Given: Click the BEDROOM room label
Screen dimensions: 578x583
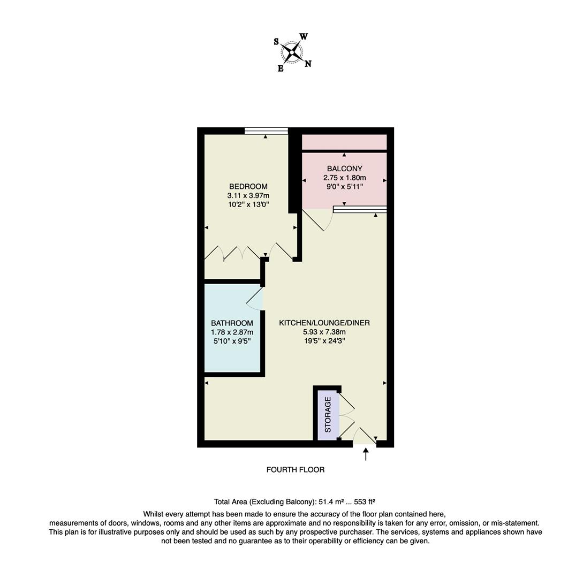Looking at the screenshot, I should (x=248, y=187).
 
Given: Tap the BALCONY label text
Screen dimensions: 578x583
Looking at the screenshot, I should (x=344, y=169).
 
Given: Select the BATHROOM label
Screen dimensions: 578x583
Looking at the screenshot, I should (x=232, y=323).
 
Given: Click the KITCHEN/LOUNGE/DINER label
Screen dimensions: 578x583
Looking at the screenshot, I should (x=324, y=323).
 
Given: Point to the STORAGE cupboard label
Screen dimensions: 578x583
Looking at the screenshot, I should (x=328, y=415).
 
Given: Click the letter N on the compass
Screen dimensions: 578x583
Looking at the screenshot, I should (x=308, y=64).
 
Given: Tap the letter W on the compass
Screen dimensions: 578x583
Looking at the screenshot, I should (x=304, y=37).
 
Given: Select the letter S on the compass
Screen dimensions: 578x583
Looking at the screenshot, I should (x=276, y=42).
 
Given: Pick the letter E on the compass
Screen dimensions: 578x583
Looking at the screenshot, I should (x=280, y=69).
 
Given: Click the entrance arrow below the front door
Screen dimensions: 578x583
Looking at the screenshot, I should (x=366, y=454).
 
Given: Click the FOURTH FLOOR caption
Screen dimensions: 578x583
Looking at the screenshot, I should (x=296, y=470).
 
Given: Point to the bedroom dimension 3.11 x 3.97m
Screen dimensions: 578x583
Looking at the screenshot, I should (x=248, y=195).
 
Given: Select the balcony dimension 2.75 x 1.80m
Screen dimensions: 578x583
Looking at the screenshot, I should (x=344, y=178).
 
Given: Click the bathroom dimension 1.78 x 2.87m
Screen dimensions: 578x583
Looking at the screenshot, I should (x=232, y=332).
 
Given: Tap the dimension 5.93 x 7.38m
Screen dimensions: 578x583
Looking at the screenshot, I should (x=324, y=331).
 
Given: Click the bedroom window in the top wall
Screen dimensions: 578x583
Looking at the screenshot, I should (x=266, y=131).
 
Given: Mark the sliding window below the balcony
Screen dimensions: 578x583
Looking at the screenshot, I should (x=360, y=209).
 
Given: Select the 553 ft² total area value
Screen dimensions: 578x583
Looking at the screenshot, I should (x=365, y=502).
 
